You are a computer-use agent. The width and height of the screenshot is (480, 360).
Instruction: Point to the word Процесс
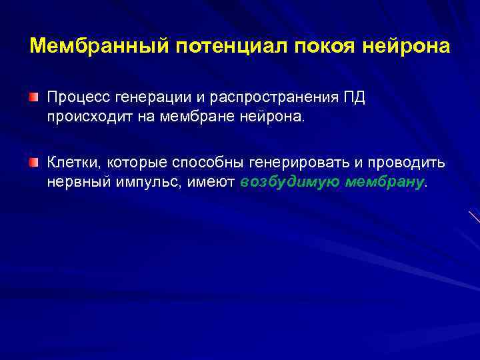point(78,98)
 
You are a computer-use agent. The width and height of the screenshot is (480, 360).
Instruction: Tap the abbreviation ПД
point(354,98)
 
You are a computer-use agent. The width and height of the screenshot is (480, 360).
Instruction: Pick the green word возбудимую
point(290,182)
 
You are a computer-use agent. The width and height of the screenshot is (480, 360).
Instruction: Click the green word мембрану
point(385,182)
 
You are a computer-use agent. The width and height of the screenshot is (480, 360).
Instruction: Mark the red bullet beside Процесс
point(34,98)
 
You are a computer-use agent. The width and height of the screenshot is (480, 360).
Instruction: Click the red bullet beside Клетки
point(34,163)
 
